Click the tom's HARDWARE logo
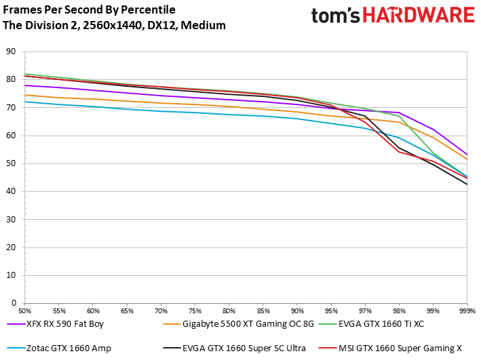tap(392, 16)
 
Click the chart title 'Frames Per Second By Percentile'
tap(89, 10)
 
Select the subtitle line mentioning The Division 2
tap(114, 25)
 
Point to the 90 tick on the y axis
tap(10, 52)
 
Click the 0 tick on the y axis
tap(13, 303)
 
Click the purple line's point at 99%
tap(433, 129)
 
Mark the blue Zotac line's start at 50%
tap(24, 102)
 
